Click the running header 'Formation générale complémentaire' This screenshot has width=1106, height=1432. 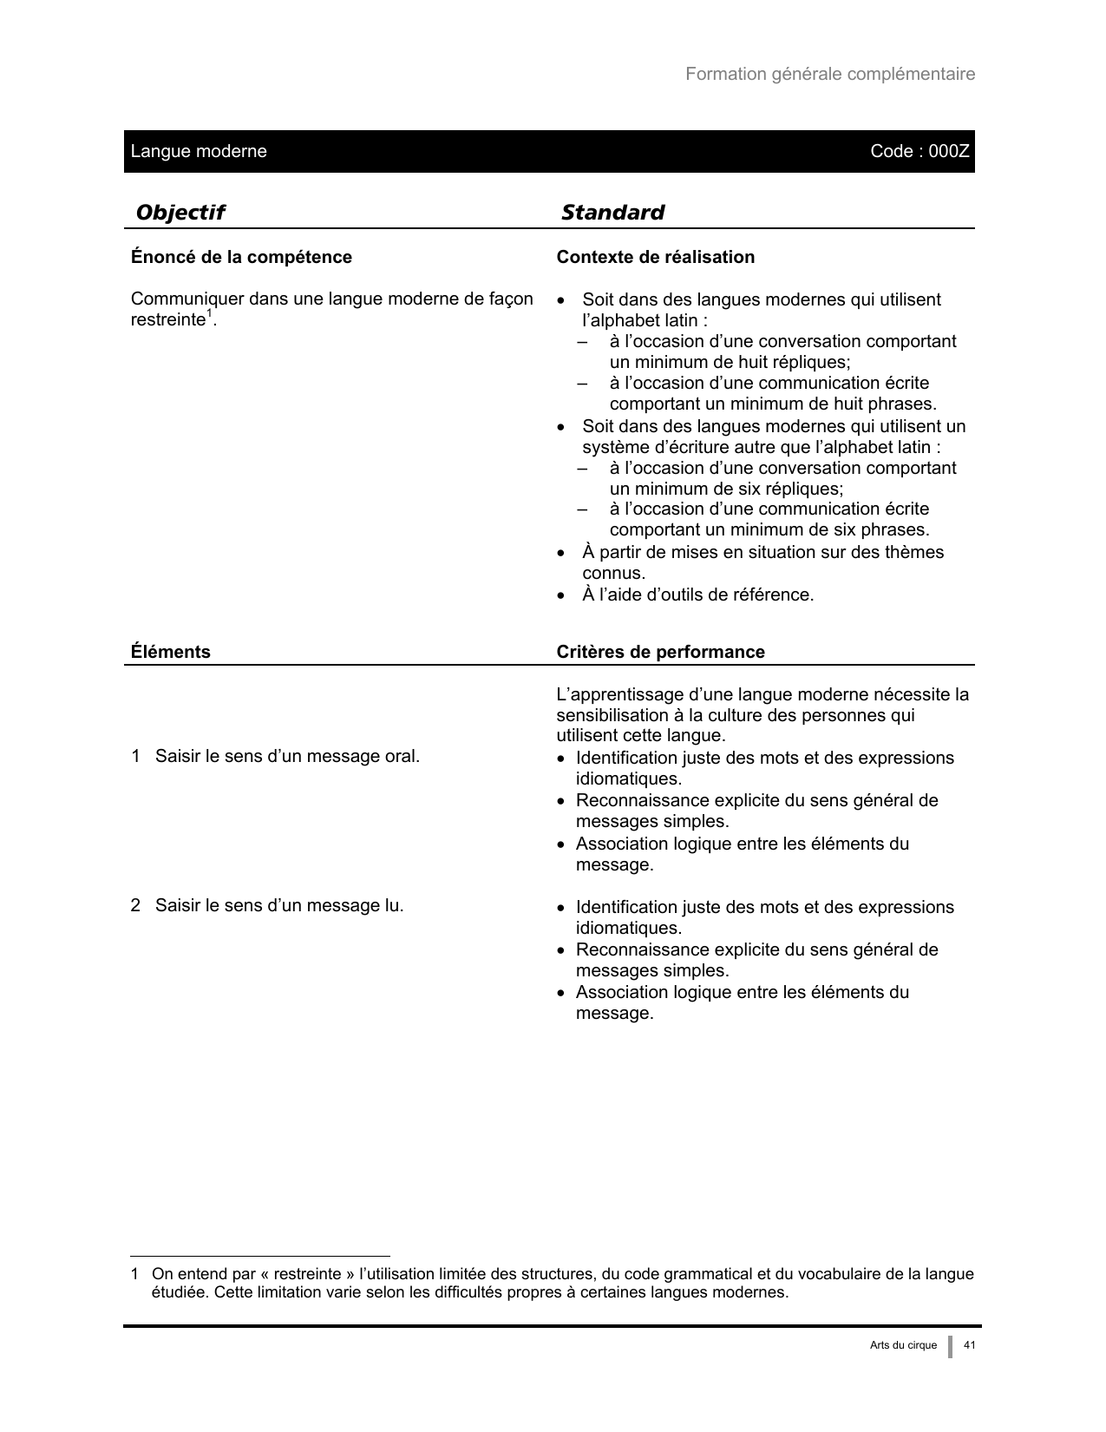pyautogui.click(x=829, y=74)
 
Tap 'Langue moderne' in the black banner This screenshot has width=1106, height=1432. pyautogui.click(x=199, y=151)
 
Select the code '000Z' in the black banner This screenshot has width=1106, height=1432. pyautogui.click(x=949, y=151)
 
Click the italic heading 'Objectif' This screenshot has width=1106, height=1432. pyautogui.click(x=180, y=213)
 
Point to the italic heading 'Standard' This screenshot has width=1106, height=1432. pyautogui.click(x=612, y=213)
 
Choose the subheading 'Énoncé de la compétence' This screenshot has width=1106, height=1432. pyautogui.click(x=241, y=257)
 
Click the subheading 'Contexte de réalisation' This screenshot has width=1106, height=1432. pyautogui.click(x=655, y=257)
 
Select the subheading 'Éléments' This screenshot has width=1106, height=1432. pyautogui.click(x=170, y=652)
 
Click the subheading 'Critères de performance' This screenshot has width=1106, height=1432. pyautogui.click(x=660, y=652)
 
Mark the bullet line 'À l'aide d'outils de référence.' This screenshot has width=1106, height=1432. pyautogui.click(x=697, y=595)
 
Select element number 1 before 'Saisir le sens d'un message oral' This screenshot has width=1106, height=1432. pyautogui.click(x=135, y=757)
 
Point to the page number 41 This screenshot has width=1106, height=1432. pyautogui.click(x=970, y=1345)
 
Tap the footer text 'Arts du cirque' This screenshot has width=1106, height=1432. pyautogui.click(x=903, y=1345)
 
